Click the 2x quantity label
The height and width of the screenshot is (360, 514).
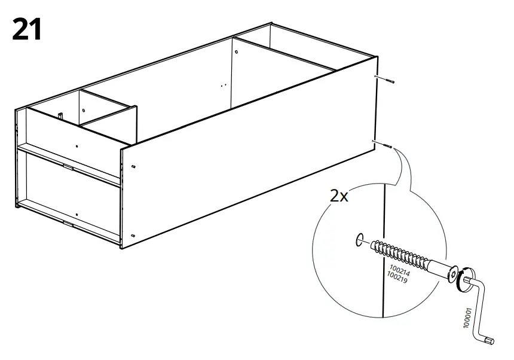[339, 196]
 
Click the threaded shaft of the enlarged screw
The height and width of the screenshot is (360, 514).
[398, 254]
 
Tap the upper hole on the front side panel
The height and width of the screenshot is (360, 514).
[133, 166]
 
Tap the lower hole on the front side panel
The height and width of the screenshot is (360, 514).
[133, 235]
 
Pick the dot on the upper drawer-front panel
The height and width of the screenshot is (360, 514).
[77, 145]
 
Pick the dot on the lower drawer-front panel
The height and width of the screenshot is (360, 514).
[77, 213]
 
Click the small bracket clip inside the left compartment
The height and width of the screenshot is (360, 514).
[61, 114]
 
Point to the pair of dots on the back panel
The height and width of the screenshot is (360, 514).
[224, 86]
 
